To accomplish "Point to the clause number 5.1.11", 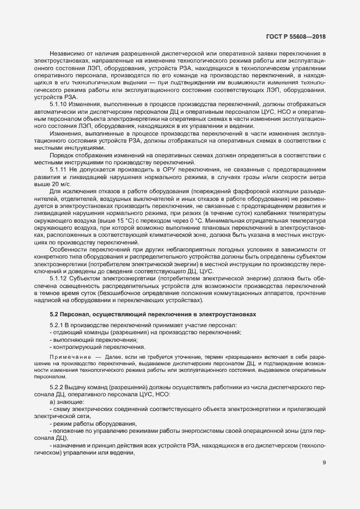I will click(x=58, y=170).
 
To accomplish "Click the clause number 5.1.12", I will click(x=58, y=278).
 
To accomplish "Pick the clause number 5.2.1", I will click(x=57, y=324).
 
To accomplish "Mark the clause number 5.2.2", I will click(x=57, y=386).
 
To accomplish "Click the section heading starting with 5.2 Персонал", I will click(x=136, y=314).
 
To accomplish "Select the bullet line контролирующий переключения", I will click(x=97, y=347).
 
